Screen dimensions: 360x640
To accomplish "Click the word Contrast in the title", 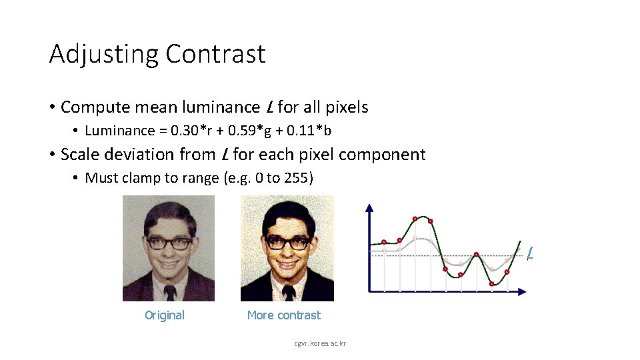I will [x=215, y=54].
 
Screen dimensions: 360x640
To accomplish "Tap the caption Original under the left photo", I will [x=165, y=315].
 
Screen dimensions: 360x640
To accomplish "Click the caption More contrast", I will [x=283, y=315].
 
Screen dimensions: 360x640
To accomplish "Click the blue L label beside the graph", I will [x=529, y=254].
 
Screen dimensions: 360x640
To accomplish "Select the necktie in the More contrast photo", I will [x=289, y=293].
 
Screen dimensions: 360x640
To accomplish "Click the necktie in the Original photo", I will [x=170, y=293].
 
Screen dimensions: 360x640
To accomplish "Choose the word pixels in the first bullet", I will [x=345, y=107].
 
